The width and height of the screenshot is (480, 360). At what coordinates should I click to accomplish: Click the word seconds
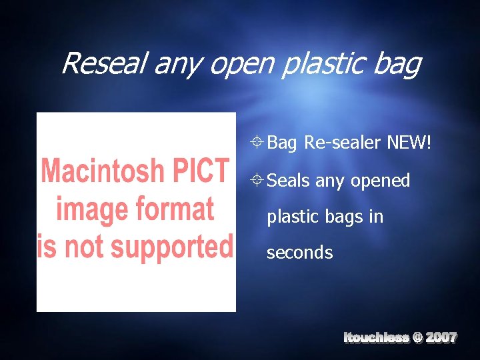click(299, 253)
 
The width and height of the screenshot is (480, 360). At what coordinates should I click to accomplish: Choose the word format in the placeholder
click(179, 209)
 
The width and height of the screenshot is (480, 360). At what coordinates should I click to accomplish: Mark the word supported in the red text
click(170, 247)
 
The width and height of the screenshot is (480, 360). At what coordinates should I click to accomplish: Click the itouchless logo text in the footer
click(376, 338)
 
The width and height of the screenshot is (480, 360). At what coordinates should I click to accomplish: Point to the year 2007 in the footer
click(441, 338)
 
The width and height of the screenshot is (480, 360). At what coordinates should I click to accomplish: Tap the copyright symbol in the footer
click(417, 338)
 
